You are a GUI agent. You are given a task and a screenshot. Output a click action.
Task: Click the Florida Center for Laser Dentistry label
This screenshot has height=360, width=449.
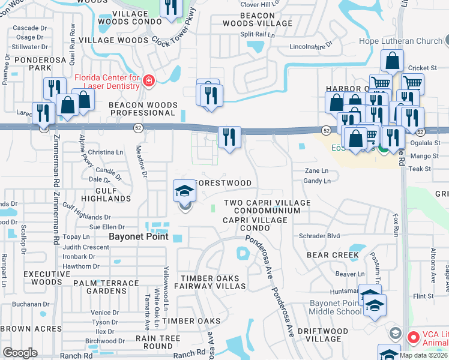point(107,81)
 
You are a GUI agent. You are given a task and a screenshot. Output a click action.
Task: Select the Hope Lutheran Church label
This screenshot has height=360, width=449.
point(400,41)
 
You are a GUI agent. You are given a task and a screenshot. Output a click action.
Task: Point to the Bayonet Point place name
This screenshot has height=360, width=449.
point(138,236)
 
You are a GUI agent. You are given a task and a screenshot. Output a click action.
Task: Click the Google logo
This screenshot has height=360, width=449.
point(20,353)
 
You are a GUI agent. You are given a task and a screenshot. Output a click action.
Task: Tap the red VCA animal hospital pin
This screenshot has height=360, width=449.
point(412,338)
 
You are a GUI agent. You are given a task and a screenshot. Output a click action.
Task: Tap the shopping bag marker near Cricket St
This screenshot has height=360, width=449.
point(392,61)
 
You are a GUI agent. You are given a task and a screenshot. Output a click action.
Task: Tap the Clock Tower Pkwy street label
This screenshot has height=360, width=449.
point(173,44)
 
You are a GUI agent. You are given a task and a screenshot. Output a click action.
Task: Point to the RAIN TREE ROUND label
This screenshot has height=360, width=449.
point(158,342)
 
